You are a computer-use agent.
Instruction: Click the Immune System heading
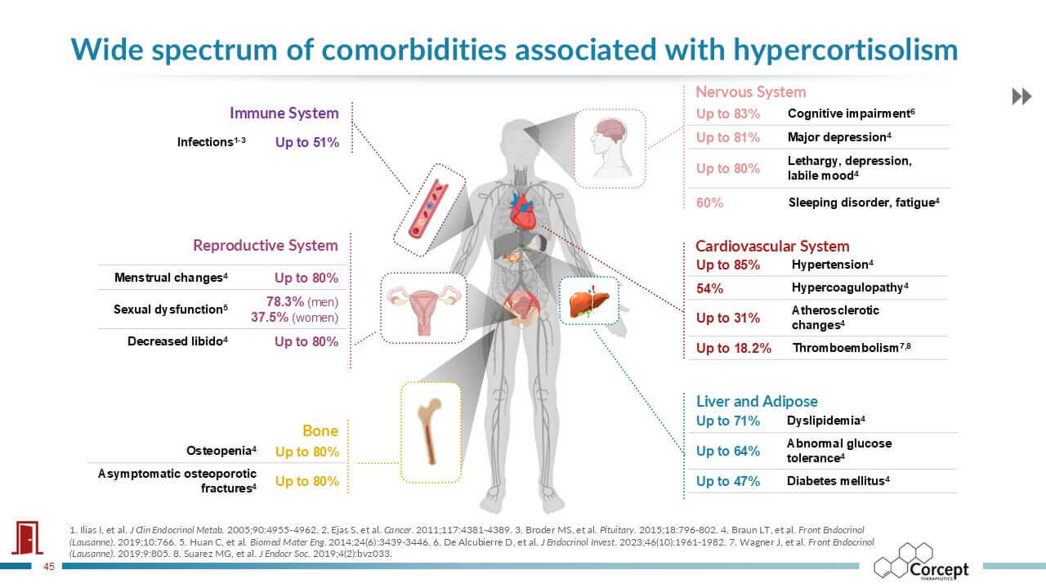coord(284,114)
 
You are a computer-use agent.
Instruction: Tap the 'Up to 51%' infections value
coord(306,142)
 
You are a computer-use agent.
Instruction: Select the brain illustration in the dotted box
coord(610,148)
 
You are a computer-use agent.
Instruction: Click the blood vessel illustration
coord(427,210)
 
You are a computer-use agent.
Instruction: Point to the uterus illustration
coord(424,309)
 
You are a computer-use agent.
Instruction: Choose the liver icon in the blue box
coord(589,302)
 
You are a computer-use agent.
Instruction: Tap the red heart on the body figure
coord(522,212)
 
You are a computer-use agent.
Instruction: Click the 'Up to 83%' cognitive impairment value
coord(727,114)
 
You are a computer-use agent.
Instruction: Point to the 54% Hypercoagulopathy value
coord(709,289)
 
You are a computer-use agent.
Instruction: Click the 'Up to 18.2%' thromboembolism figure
coord(733,348)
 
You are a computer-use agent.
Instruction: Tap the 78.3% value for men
coord(285,301)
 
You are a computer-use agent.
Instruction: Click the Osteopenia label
coord(221,451)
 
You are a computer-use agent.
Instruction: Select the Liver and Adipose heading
coord(757,401)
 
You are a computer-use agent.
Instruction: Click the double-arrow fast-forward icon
coord(1021,96)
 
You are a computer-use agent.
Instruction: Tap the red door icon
coord(28,537)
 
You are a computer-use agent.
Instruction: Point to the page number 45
coord(49,567)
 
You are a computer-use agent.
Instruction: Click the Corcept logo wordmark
coord(939,570)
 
